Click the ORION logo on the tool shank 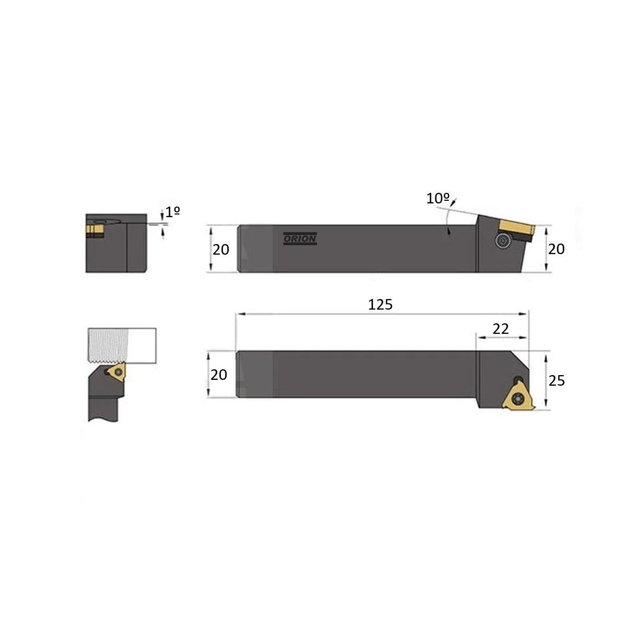point(300,238)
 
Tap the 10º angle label point(437,199)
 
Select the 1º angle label point(173,212)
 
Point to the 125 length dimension point(380,305)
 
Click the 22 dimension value point(500,329)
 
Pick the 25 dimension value point(557,380)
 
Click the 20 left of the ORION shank point(221,250)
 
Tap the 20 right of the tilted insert point(556,249)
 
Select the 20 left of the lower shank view point(219,375)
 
